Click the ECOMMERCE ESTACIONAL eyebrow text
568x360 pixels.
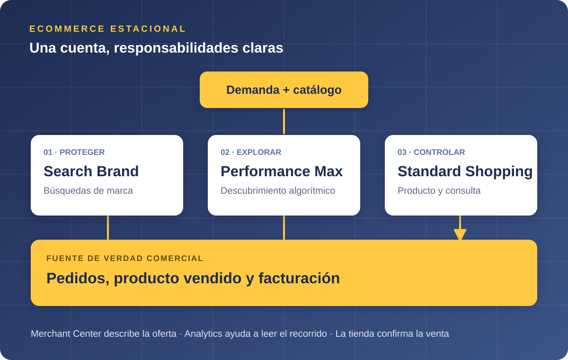[x=107, y=29]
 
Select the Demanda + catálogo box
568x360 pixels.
[x=284, y=90]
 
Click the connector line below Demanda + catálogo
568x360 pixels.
[x=284, y=122]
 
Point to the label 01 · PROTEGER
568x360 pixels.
[x=74, y=152]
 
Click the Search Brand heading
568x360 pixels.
[x=91, y=171]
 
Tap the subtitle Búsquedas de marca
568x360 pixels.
[x=88, y=190]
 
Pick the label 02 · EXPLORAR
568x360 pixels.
[x=251, y=152]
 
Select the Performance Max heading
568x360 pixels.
[x=282, y=171]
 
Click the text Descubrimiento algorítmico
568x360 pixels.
[x=278, y=190]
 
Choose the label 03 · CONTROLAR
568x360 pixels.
[x=431, y=152]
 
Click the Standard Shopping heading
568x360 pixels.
[x=465, y=171]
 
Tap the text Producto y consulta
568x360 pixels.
[x=439, y=190]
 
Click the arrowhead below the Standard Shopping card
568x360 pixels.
[x=460, y=234]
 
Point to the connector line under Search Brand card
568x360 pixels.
[x=108, y=227]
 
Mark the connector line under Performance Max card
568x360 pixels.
[x=284, y=227]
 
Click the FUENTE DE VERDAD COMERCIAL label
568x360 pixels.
[x=125, y=258]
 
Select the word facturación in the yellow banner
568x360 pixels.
[x=299, y=279]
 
